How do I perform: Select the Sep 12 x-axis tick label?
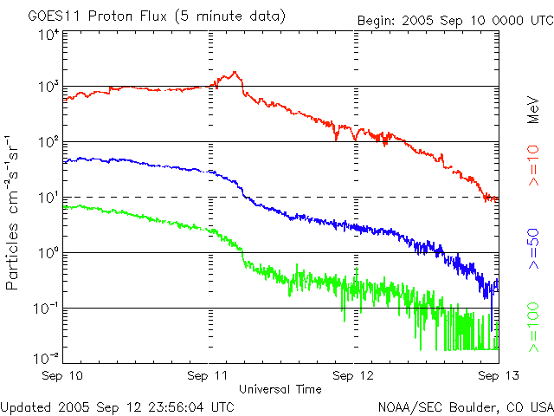354,375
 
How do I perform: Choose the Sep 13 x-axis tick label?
497,375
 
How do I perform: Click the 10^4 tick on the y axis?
48,35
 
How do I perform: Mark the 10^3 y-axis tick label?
48,87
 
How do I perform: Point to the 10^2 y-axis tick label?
48,142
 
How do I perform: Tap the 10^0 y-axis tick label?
48,253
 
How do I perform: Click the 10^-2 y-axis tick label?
46,358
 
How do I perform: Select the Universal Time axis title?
280,389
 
